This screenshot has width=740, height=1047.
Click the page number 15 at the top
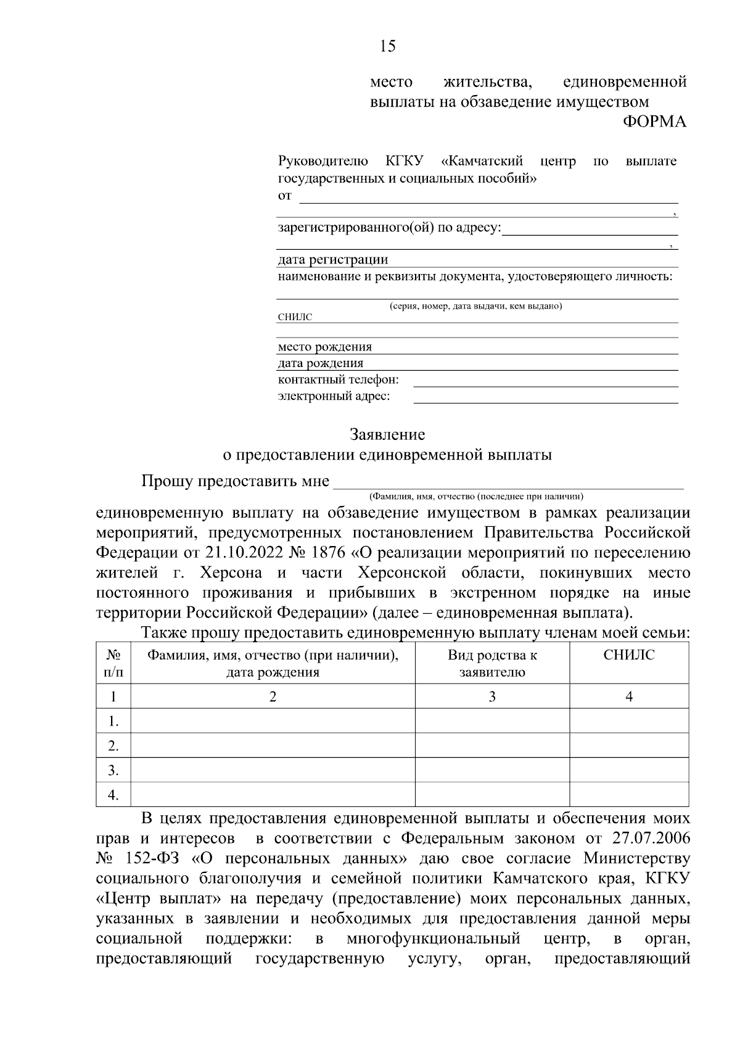388,46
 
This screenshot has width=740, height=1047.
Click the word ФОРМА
654,122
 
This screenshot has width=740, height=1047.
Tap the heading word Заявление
387,435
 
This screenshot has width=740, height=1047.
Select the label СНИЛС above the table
295,317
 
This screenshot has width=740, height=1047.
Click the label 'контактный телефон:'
338,379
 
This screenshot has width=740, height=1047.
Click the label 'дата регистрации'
333,260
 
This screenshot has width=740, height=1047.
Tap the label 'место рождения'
325,347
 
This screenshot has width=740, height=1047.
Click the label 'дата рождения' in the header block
321,363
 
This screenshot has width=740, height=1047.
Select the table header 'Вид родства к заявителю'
492,663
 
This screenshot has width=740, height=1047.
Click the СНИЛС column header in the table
629,655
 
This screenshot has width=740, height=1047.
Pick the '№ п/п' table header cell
113,663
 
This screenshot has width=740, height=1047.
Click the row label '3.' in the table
113,771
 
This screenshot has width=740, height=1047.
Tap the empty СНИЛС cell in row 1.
629,721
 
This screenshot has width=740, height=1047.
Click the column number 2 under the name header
273,697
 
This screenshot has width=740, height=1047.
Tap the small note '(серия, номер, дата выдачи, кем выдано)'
475,306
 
